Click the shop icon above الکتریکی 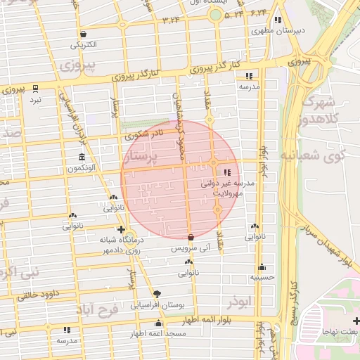84,34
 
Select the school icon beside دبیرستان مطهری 278,20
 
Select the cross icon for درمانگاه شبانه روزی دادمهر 122,230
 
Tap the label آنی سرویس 191,249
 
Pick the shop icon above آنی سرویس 191,238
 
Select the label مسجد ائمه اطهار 161,333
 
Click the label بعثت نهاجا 340,330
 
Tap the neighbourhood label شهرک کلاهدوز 327,111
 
